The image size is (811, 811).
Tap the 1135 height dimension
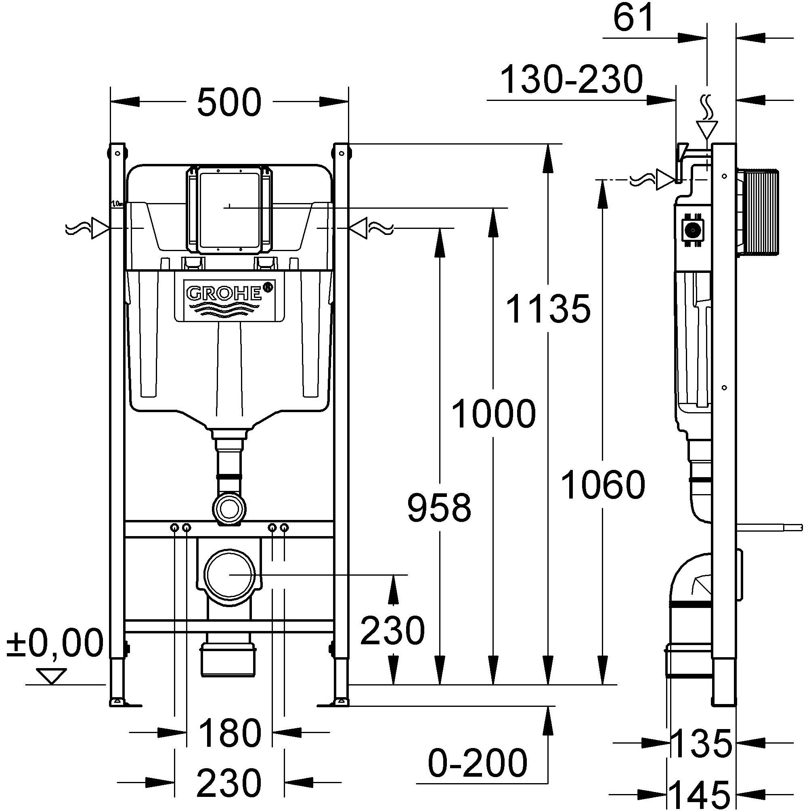pos(548,308)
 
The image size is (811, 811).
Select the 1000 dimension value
pos(494,414)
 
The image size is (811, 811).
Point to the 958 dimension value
pos(439,508)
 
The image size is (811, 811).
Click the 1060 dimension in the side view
pos(603,485)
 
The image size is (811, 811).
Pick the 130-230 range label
pos(572,80)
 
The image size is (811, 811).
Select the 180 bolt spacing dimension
pos(229,733)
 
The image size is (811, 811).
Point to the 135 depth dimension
pos(701,744)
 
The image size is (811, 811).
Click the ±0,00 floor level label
pos(55,643)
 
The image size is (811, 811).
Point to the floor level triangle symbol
pos(51,675)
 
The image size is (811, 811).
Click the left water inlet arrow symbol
pos(100,228)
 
